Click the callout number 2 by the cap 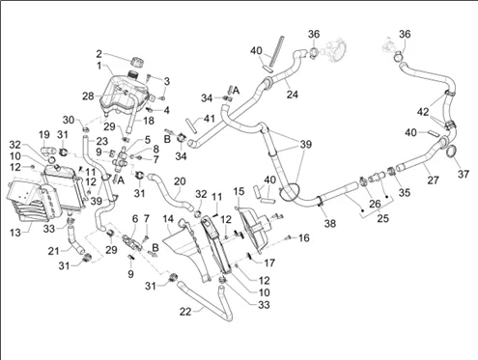pos(99,54)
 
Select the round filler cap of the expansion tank pos(137,62)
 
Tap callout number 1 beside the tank pos(99,66)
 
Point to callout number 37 pos(464,174)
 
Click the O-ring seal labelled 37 pos(454,152)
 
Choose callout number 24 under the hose pos(293,95)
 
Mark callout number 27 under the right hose pos(433,180)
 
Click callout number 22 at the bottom pos(185,312)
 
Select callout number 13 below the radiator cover pos(15,232)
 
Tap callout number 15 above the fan pos(239,191)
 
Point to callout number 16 pos(304,237)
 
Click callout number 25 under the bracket pos(383,218)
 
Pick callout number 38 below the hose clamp pos(330,223)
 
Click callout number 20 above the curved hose pos(180,181)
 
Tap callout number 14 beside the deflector pos(168,219)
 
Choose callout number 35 pos(405,192)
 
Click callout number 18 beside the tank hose pos(149,121)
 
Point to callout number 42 pos(423,112)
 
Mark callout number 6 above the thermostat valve pos(135,219)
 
